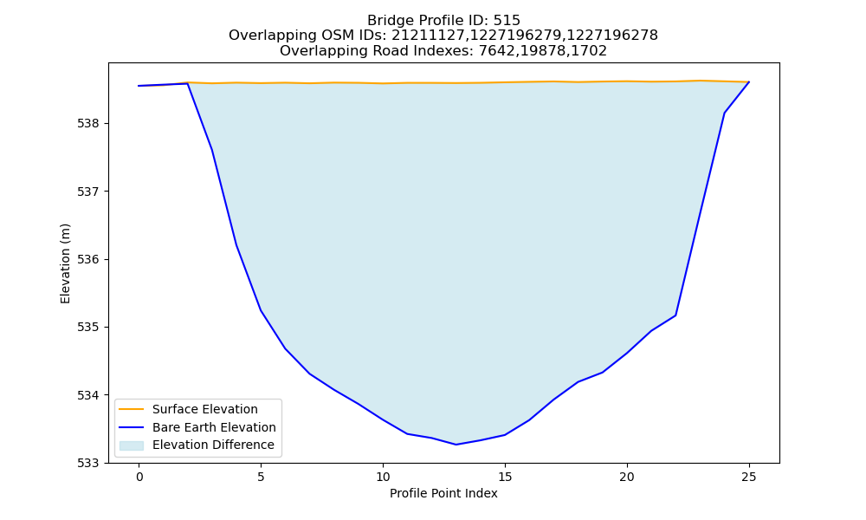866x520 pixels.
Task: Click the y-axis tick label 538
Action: pos(87,124)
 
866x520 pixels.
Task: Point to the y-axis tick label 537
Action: pos(87,192)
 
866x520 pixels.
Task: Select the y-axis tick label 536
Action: pos(87,260)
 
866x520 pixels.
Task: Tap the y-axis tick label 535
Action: pos(87,328)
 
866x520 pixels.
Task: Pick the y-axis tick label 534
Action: pos(87,396)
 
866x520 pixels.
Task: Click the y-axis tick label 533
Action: pos(87,463)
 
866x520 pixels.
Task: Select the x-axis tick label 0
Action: pos(139,477)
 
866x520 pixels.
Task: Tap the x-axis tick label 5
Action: pos(262,477)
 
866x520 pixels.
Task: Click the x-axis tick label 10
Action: pos(383,477)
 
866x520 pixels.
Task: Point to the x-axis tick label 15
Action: pos(505,477)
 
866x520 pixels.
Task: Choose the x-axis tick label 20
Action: pos(627,477)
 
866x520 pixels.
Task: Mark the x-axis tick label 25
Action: pos(749,477)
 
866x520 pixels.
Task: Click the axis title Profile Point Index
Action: pos(443,493)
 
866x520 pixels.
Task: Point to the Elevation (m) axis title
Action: pos(66,263)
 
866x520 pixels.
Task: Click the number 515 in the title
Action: pos(507,21)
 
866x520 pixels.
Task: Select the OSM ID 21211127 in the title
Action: pos(429,36)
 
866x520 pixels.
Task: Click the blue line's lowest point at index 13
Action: pos(456,445)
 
